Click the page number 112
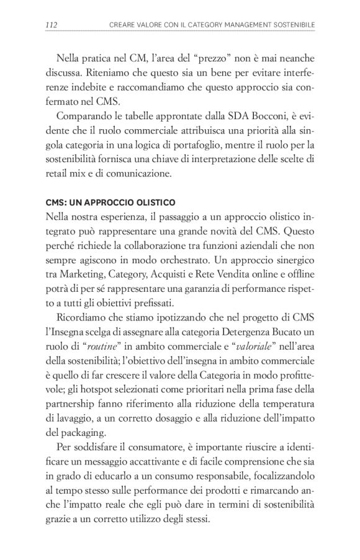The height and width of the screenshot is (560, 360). click(x=52, y=24)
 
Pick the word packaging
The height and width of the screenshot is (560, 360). click(x=85, y=433)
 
